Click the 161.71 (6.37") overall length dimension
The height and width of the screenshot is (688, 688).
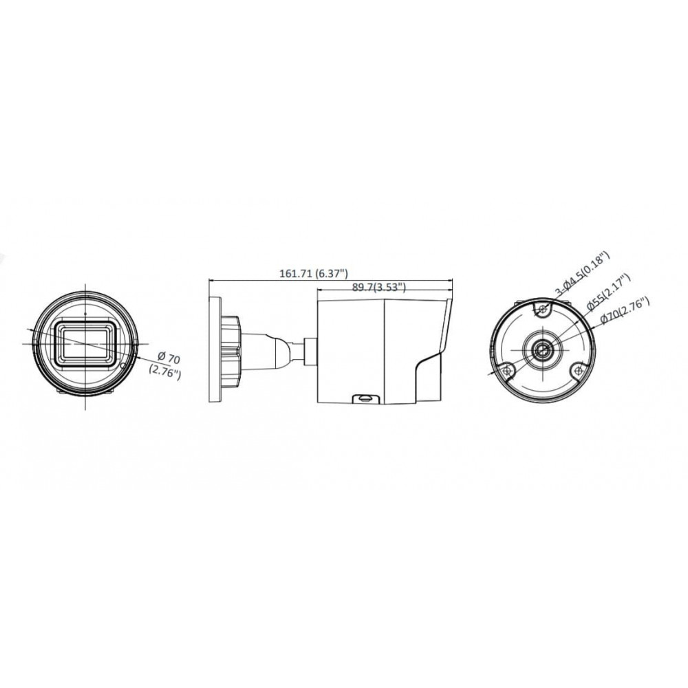pyautogui.click(x=314, y=273)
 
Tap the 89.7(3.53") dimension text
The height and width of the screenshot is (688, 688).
pyautogui.click(x=378, y=287)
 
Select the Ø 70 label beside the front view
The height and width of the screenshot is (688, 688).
pyautogui.click(x=168, y=358)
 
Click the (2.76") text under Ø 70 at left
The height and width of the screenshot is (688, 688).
pyautogui.click(x=164, y=372)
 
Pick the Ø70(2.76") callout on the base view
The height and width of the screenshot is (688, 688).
pyautogui.click(x=625, y=310)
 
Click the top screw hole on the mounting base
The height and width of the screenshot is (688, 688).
pyautogui.click(x=544, y=310)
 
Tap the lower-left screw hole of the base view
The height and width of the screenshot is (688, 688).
pyautogui.click(x=508, y=370)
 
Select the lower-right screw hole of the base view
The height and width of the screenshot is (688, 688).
pyautogui.click(x=579, y=370)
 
